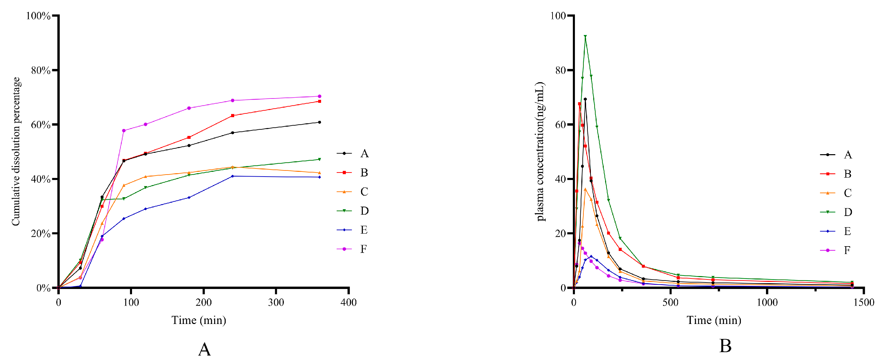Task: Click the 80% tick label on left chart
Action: [x=40, y=70]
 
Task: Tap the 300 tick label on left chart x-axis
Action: [x=276, y=302]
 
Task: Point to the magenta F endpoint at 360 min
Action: [x=319, y=96]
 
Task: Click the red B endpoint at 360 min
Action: [x=319, y=102]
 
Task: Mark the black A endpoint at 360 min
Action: [x=319, y=122]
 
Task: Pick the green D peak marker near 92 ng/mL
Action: [x=585, y=36]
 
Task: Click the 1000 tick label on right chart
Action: [x=767, y=302]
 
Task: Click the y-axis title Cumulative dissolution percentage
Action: [x=16, y=151]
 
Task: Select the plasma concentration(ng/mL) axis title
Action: [x=540, y=151]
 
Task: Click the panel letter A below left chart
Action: [x=204, y=349]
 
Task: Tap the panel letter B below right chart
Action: [x=725, y=346]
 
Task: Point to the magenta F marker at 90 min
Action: [x=124, y=131]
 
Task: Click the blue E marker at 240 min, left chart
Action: [x=232, y=176]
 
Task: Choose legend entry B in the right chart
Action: [x=847, y=174]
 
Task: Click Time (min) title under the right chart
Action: [x=714, y=320]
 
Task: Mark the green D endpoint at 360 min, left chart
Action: [x=319, y=160]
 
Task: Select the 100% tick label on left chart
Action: [x=38, y=16]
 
